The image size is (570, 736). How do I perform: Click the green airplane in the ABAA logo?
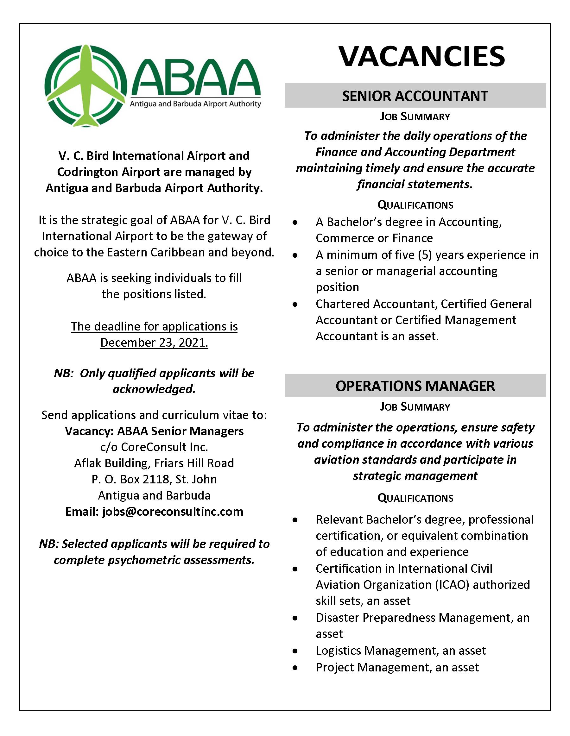pos(87,86)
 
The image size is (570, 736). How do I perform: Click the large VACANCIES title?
pos(422,56)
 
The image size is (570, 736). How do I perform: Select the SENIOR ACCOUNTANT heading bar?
pos(415,96)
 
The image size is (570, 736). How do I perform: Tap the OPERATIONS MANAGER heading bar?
pos(415,386)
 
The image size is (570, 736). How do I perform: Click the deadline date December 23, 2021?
pos(154,343)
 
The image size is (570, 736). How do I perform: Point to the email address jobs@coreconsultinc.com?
pos(173,512)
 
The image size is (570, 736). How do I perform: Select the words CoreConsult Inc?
pos(164,447)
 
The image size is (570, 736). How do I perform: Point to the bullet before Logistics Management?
pos(295,651)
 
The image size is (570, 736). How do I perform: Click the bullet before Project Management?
pos(295,668)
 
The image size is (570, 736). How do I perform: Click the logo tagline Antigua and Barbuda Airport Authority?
pos(195,104)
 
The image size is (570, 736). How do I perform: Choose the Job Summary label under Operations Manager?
pos(415,407)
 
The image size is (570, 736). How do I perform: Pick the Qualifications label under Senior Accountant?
pos(415,205)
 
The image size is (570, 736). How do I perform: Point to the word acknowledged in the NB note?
pos(154,389)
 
